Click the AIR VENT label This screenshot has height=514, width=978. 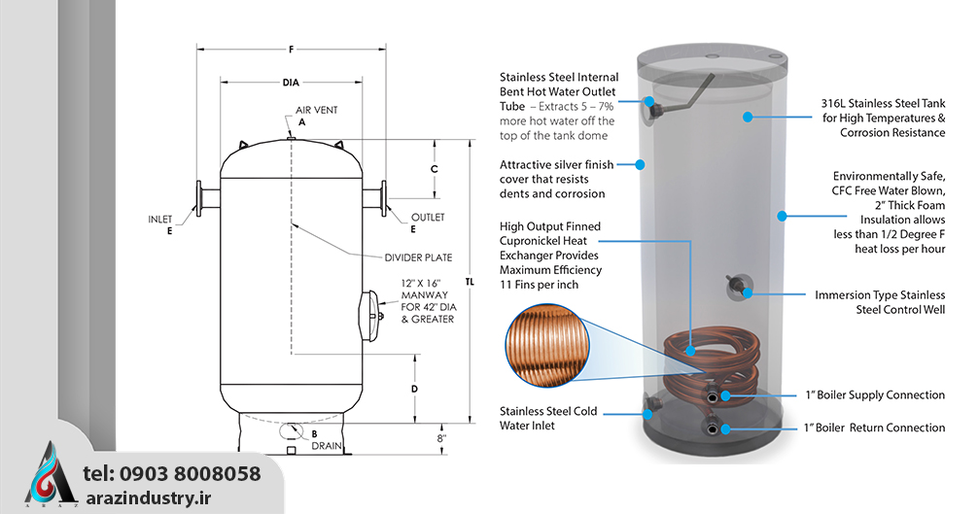tap(317, 110)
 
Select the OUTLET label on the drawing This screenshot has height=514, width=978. tap(428, 217)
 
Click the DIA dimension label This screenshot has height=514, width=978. tap(291, 83)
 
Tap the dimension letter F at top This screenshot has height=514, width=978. tap(291, 47)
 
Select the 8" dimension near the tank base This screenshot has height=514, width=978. tap(442, 438)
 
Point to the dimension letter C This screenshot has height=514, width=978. tap(434, 168)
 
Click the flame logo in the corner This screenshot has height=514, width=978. tap(50, 475)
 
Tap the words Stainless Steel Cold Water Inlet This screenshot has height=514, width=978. tap(548, 418)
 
